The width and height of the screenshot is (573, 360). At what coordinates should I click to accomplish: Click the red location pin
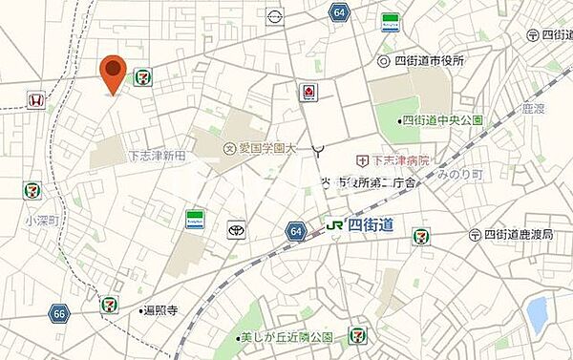click(114, 73)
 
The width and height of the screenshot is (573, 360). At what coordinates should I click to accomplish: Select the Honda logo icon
click(34, 99)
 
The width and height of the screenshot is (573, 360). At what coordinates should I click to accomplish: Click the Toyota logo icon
click(236, 230)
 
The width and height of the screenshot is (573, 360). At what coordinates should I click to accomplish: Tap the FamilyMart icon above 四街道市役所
click(390, 21)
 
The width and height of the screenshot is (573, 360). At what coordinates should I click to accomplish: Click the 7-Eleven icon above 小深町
click(33, 190)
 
